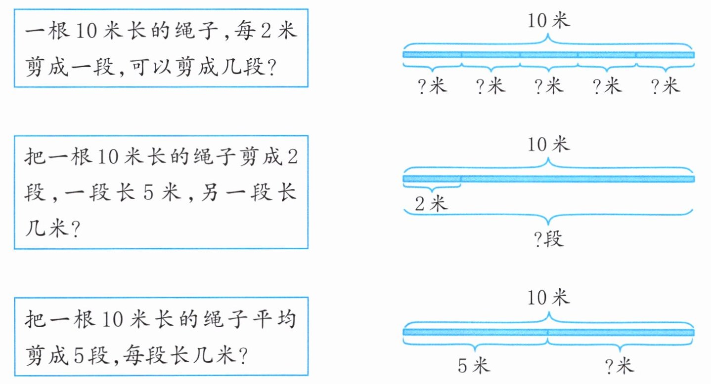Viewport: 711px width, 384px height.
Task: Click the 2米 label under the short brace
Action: (x=431, y=203)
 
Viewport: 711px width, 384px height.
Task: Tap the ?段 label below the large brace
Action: (x=549, y=240)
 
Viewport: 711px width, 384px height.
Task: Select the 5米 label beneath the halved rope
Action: (x=473, y=366)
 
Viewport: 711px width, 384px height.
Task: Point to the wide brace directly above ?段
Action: (x=549, y=215)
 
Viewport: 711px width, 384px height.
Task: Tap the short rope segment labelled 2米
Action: (x=432, y=178)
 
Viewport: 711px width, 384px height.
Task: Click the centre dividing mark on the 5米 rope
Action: (x=548, y=332)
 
